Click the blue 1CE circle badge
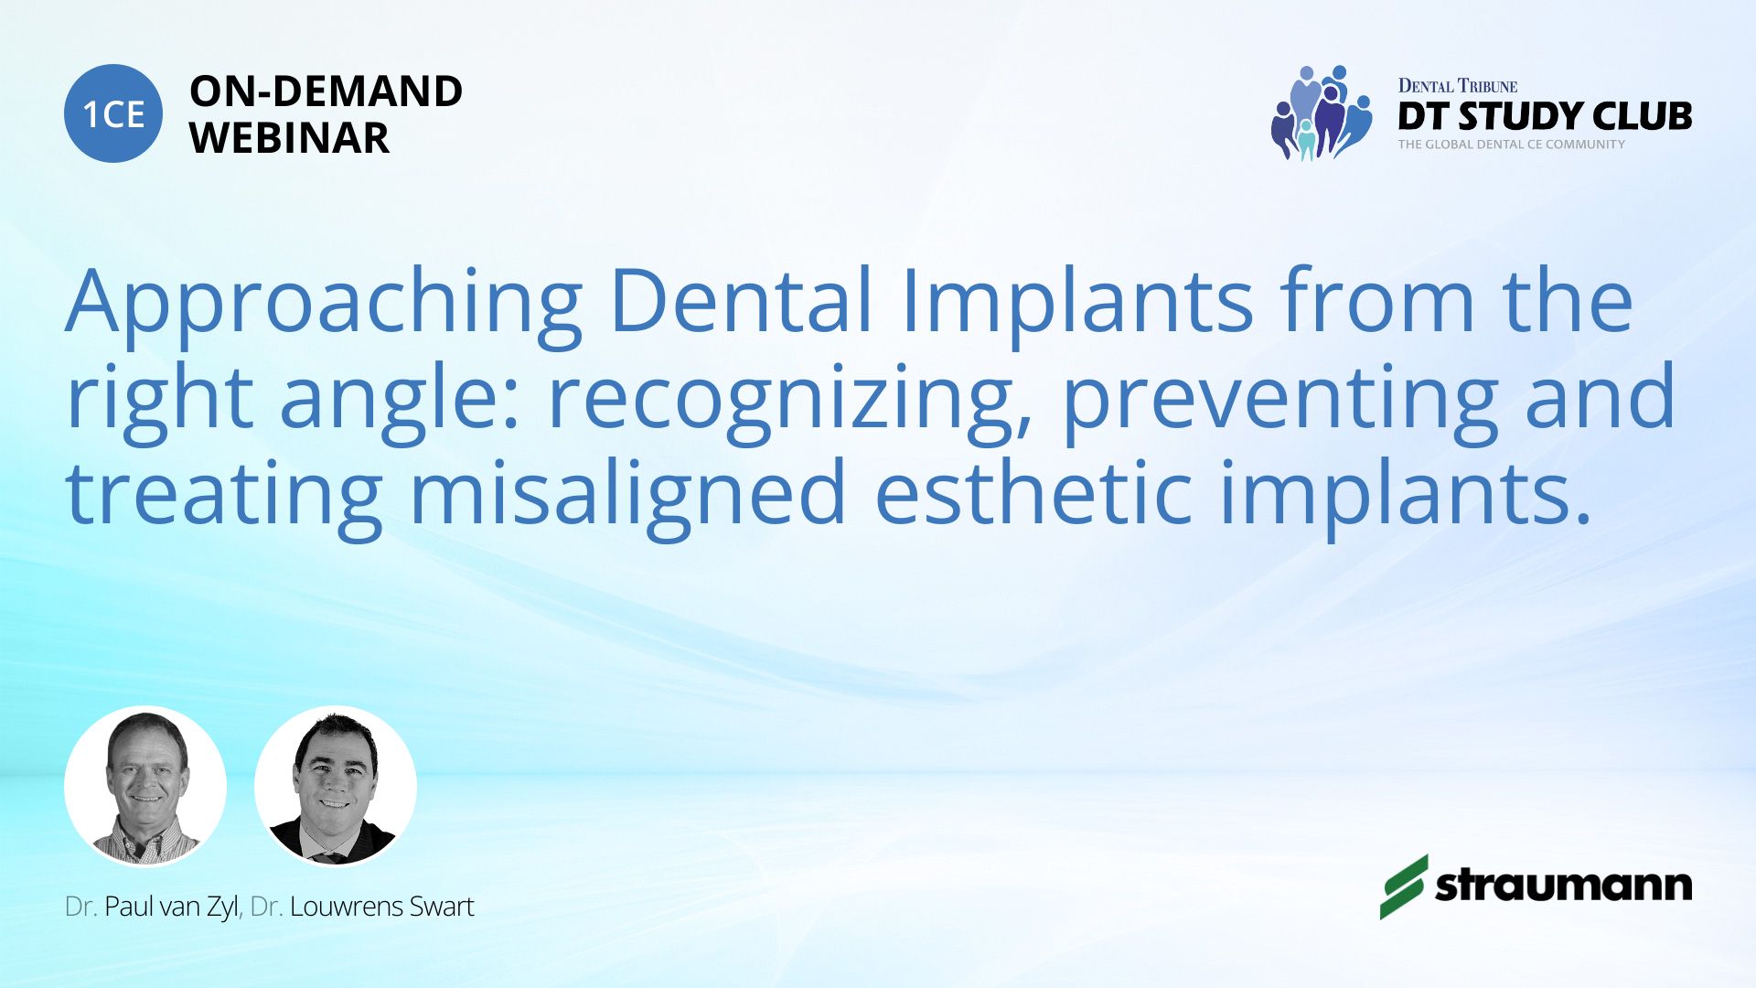point(113,113)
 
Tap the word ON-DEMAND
point(326,91)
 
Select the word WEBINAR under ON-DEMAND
point(289,138)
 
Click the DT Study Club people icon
point(1322,113)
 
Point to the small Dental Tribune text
point(1457,86)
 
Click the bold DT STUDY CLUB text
point(1545,116)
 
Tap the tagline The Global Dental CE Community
point(1511,145)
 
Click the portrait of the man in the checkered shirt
point(145,786)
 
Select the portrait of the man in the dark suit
point(336,786)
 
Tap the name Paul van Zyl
point(171,907)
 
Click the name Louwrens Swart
point(381,907)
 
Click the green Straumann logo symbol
point(1404,886)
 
